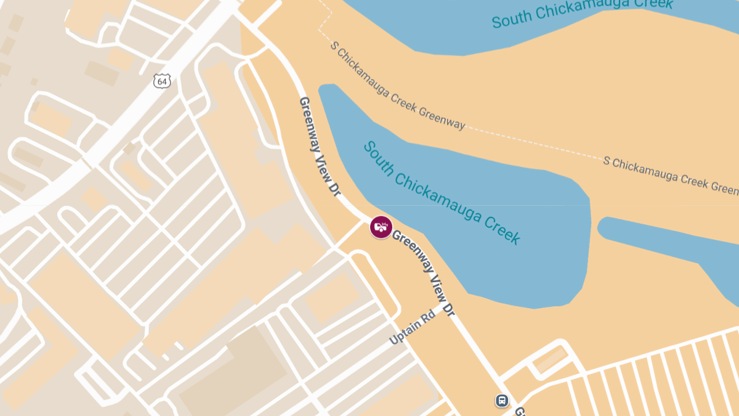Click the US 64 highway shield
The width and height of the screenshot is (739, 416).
coord(162,81)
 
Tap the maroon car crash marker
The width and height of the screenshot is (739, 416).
coord(381,227)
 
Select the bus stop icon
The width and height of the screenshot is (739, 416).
coord(503,401)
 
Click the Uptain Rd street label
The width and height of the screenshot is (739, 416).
coord(412,327)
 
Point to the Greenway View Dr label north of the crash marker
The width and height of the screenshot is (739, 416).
coord(320,146)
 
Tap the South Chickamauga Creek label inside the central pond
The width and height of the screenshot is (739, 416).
coord(442,192)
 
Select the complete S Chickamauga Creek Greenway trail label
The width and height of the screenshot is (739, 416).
coord(398,85)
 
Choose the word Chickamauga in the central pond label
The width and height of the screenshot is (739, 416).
coord(438,190)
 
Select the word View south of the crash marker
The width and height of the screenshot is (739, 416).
coord(437,291)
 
